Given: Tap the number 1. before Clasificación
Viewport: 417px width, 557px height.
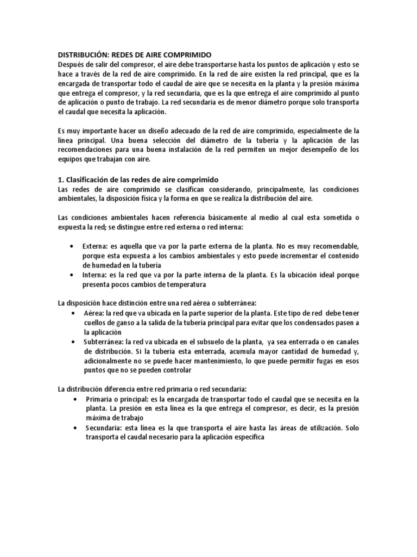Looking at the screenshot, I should tap(61, 180).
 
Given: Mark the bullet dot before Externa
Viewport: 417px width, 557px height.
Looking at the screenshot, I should tap(72, 246).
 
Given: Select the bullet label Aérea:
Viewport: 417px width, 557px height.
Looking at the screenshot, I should tap(94, 314).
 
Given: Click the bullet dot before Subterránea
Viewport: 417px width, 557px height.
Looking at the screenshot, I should tap(72, 342).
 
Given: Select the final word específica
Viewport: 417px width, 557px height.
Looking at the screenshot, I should tap(245, 437).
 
